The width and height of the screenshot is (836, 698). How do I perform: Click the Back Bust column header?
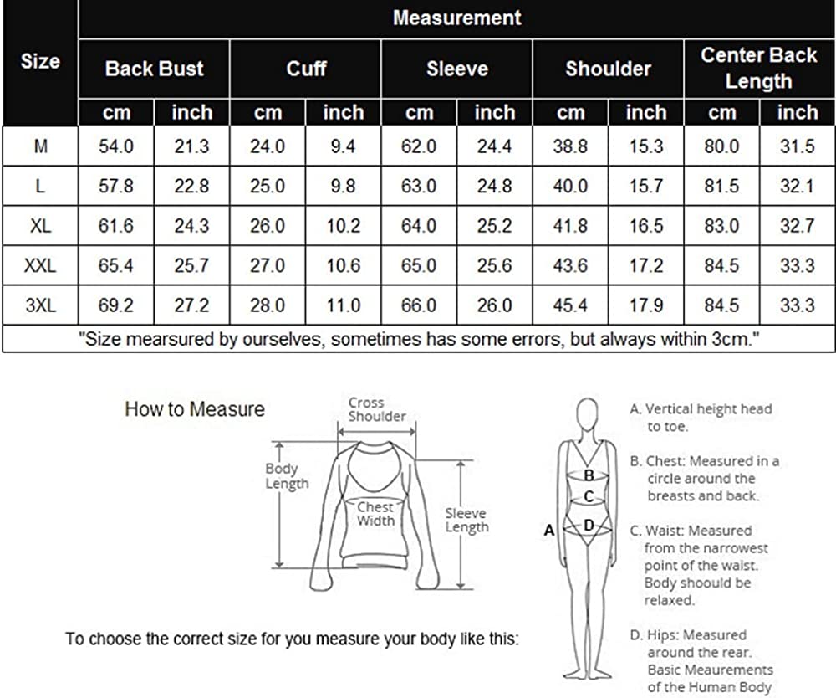[x=154, y=69]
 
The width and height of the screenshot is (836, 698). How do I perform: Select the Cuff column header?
[x=306, y=69]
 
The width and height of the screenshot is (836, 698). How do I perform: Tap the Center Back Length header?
[x=759, y=68]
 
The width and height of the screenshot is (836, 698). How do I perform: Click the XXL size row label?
[x=40, y=265]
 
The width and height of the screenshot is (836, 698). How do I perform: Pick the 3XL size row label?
[x=40, y=305]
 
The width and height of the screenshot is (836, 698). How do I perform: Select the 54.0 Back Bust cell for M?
[x=116, y=146]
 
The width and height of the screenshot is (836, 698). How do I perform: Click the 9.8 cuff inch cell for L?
[x=343, y=186]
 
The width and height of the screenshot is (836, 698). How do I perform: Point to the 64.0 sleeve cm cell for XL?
[x=419, y=226]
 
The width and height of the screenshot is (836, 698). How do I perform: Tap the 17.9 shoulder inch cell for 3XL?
[x=646, y=305]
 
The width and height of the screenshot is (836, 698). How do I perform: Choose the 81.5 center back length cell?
[x=721, y=186]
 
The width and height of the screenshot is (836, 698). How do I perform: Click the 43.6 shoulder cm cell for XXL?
[x=570, y=265]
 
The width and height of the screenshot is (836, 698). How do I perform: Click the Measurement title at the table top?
[x=457, y=18]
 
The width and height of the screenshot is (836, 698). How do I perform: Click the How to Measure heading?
[x=195, y=409]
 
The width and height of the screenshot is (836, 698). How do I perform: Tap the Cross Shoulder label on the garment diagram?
[x=377, y=409]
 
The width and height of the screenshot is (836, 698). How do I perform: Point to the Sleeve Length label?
[x=467, y=520]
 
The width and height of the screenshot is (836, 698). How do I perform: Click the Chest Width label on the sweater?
[x=376, y=513]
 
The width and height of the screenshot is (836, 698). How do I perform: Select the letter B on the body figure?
[x=589, y=475]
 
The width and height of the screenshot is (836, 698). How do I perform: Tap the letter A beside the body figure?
[x=549, y=531]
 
